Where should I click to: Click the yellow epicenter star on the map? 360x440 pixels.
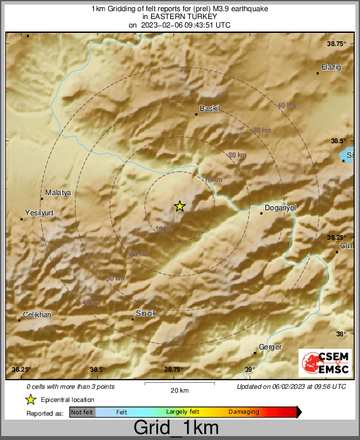point(179,206)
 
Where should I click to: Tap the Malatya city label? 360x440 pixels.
point(57,192)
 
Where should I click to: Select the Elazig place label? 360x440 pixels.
point(331,67)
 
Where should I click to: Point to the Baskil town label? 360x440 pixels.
point(208,108)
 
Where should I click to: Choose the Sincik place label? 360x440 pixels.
point(146,313)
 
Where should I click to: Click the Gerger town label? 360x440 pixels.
point(271,347)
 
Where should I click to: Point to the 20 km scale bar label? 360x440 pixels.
point(179,391)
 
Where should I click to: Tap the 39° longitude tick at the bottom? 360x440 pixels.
point(250,370)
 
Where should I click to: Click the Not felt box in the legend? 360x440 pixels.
point(82,412)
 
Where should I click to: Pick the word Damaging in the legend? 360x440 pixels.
point(243,412)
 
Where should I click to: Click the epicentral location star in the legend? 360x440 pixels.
point(30,399)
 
